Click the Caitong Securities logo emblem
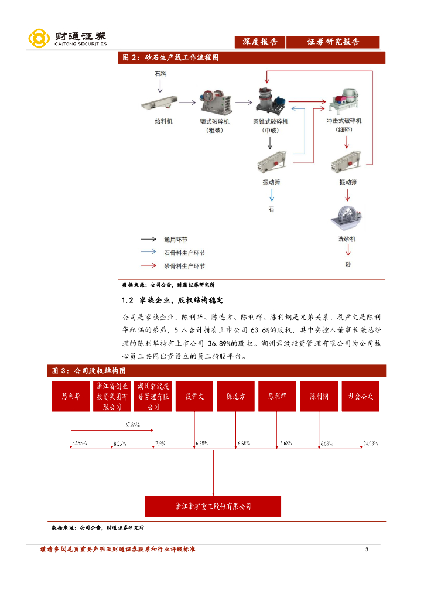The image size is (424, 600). coord(39,39)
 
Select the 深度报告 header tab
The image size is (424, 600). coord(261,42)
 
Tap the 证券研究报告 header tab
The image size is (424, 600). coord(333,42)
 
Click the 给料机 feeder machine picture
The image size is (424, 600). coord(159,104)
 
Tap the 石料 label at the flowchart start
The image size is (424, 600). coord(160,75)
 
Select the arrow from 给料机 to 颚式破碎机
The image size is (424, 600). coord(187,103)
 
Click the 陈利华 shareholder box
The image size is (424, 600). coord(71,396)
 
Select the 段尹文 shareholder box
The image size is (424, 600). coord(194,396)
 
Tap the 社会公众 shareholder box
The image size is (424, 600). coord(361,396)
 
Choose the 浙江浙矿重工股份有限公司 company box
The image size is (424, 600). coord(213,506)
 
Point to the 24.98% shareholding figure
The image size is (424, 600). coord(370,444)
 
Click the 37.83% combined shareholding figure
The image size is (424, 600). coord(132,425)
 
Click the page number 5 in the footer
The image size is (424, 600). coord(367,549)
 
